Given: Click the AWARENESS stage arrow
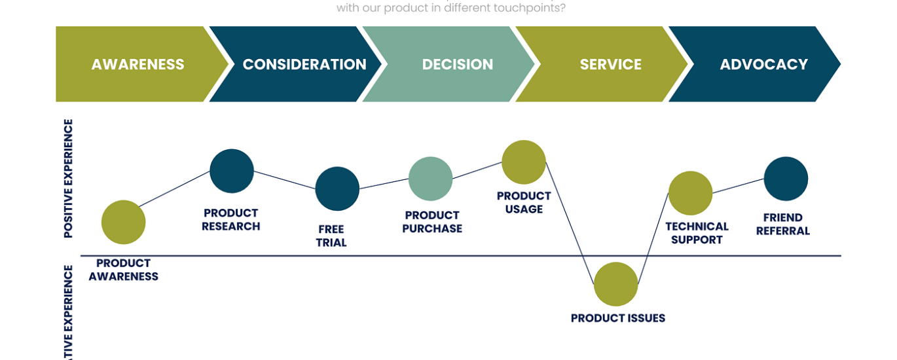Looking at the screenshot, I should [137, 64].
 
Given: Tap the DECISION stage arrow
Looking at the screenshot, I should [457, 64].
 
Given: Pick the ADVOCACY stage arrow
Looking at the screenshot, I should [763, 64].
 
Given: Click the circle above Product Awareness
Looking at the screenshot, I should [123, 223].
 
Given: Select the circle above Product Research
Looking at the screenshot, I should [232, 171].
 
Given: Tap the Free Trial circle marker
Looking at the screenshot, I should [337, 189].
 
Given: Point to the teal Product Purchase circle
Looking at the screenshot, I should [430, 179].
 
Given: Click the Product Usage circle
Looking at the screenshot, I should [524, 162].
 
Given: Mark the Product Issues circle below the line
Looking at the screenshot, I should [615, 284].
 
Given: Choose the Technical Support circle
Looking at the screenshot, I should [690, 193].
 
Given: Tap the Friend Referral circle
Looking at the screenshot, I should [786, 179].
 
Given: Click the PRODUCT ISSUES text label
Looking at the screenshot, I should [617, 318].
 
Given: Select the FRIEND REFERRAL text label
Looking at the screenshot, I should [782, 225].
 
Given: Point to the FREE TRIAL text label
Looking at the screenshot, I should [331, 236].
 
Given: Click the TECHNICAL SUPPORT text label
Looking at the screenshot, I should [697, 233].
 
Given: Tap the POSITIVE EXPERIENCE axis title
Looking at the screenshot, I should [68, 178].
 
